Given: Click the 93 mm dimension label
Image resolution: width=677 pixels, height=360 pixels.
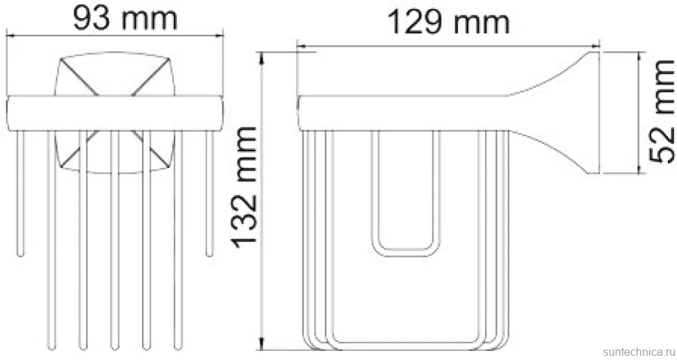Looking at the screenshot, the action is [125, 18].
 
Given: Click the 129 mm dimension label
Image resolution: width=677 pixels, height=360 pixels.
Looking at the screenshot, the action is [449, 22].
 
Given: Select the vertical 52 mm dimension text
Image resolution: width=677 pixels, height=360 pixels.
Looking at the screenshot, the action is [662, 112].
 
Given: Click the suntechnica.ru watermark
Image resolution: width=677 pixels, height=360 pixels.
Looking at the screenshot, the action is [639, 352].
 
